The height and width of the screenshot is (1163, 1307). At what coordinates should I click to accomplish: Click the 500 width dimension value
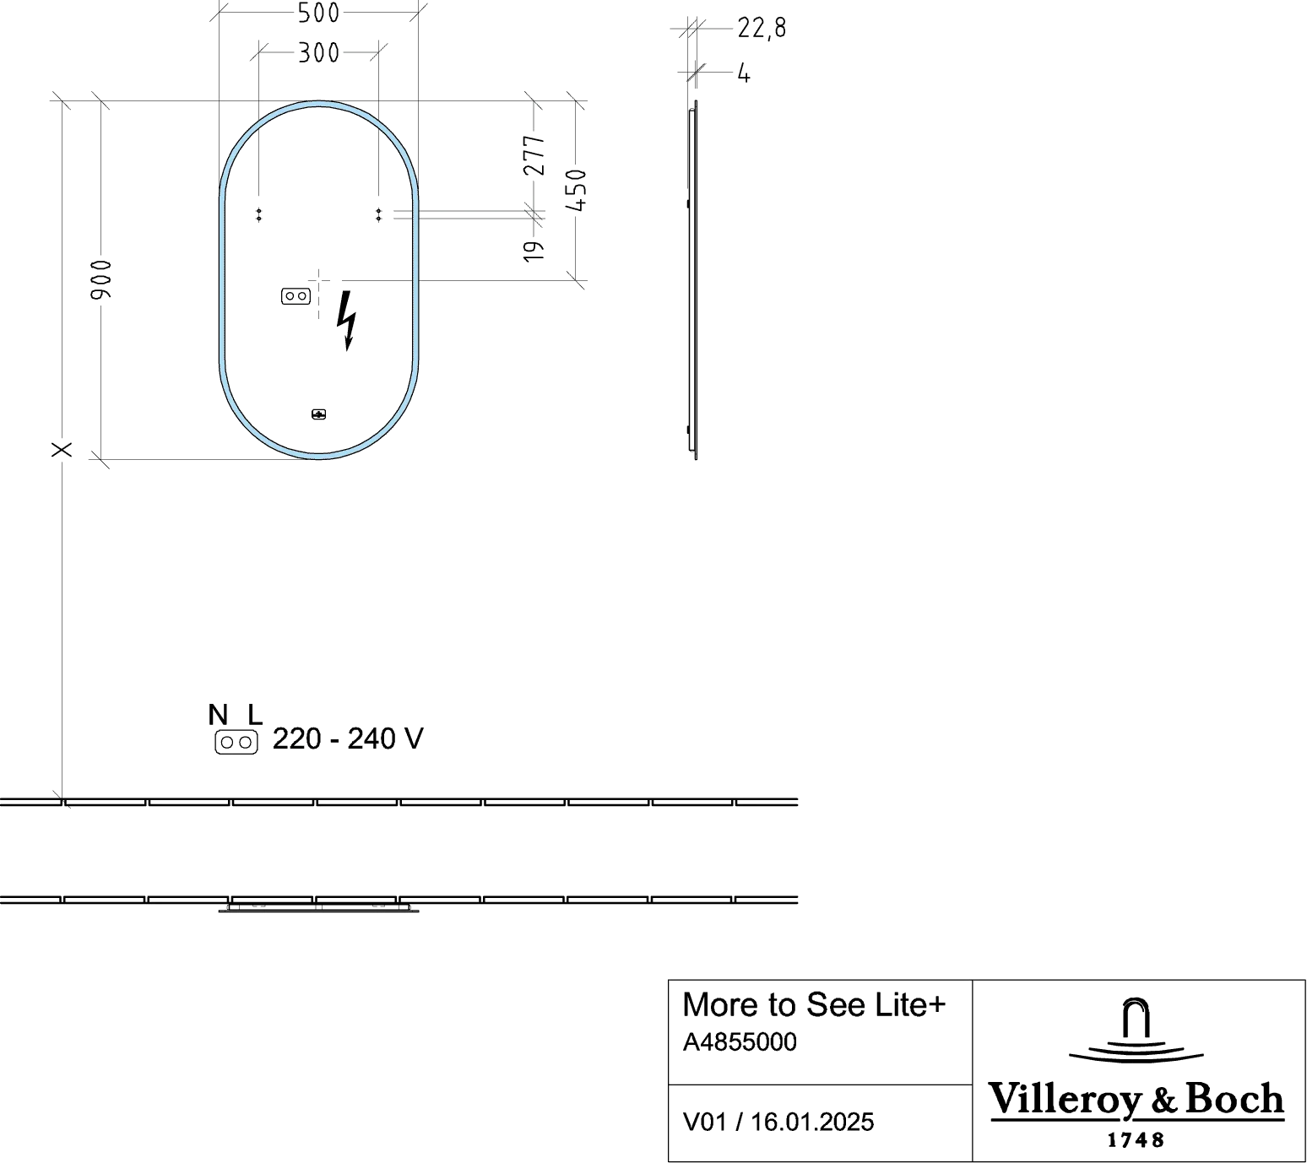[x=318, y=13]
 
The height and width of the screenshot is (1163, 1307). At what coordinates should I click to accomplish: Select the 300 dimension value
[x=318, y=53]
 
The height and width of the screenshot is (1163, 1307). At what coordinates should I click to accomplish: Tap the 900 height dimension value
[x=101, y=279]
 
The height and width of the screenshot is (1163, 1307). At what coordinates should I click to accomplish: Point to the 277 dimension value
[x=534, y=155]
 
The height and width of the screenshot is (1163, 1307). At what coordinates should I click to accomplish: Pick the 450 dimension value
[x=576, y=190]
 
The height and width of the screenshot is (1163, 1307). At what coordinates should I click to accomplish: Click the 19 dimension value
[x=534, y=251]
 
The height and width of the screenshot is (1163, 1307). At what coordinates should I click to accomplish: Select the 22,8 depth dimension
[x=762, y=29]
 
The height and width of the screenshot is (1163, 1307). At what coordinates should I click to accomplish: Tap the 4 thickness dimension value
[x=744, y=74]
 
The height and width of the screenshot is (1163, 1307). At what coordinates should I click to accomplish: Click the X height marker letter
[x=62, y=450]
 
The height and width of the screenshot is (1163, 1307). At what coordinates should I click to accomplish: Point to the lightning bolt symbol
[x=346, y=321]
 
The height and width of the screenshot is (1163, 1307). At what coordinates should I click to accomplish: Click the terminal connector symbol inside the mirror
[x=296, y=296]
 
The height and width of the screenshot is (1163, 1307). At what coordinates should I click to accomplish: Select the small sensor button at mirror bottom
[x=318, y=414]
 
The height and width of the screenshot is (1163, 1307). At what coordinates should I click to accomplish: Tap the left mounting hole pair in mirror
[x=258, y=215]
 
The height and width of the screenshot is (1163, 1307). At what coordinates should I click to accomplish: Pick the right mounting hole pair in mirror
[x=379, y=215]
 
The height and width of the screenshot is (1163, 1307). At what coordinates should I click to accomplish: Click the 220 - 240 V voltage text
[x=348, y=739]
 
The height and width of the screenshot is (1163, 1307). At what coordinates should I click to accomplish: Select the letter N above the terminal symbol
[x=218, y=715]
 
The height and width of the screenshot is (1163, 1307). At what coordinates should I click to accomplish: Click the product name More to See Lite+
[x=813, y=1004]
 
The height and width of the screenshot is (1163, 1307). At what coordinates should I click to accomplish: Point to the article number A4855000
[x=740, y=1041]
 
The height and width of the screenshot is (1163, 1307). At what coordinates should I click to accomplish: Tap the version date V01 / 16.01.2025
[x=778, y=1122]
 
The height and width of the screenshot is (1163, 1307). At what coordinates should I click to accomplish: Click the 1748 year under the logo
[x=1136, y=1139]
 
